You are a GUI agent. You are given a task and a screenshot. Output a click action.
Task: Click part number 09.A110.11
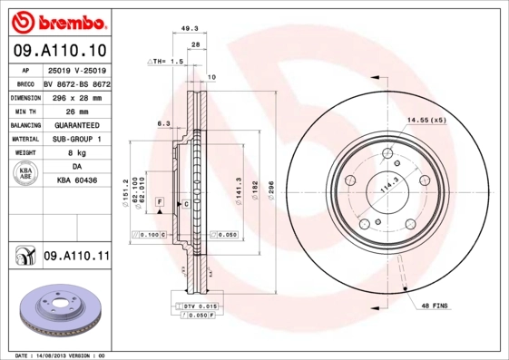[x=76, y=258]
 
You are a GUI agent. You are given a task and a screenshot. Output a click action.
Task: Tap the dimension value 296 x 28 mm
[x=76, y=96]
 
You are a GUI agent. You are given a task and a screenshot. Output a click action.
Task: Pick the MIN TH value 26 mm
[x=76, y=111]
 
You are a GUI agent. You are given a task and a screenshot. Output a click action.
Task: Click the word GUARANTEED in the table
[x=76, y=124]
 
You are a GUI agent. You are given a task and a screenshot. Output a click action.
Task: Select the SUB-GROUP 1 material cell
[x=76, y=139]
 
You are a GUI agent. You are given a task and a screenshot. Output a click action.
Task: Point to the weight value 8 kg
[x=76, y=153]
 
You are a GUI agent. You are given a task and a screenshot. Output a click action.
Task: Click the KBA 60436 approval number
[x=76, y=181]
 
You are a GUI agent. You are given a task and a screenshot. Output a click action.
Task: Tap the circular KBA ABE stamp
[x=25, y=174]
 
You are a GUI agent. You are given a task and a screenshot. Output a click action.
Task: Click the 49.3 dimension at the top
[x=191, y=28]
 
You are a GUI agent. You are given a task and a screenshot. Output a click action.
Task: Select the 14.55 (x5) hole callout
[x=426, y=120]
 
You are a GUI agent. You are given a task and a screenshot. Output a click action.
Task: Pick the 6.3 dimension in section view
[x=163, y=122]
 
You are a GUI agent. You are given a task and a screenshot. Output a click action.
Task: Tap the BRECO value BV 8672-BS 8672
[x=76, y=83]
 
